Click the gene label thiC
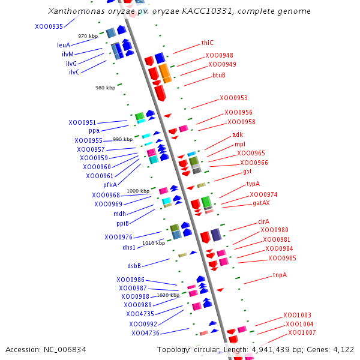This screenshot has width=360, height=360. (x=207, y=43)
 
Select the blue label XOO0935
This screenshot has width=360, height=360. (x=49, y=27)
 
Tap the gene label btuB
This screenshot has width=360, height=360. (x=219, y=75)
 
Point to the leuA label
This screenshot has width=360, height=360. (x=64, y=45)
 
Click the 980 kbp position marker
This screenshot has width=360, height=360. (x=105, y=88)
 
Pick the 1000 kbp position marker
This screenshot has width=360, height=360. (x=137, y=191)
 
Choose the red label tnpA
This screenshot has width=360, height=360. (x=280, y=275)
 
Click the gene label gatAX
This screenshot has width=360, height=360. (x=261, y=203)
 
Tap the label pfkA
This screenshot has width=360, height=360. (x=110, y=185)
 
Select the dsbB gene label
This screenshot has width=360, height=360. (x=134, y=266)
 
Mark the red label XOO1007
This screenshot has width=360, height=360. (x=302, y=332)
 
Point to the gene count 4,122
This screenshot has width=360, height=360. (x=343, y=349)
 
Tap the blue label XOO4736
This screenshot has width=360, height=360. (x=146, y=333)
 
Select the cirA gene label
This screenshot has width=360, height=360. (x=264, y=221)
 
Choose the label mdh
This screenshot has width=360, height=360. (x=120, y=214)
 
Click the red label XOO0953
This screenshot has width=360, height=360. (x=233, y=98)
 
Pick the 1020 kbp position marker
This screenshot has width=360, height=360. (x=168, y=295)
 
